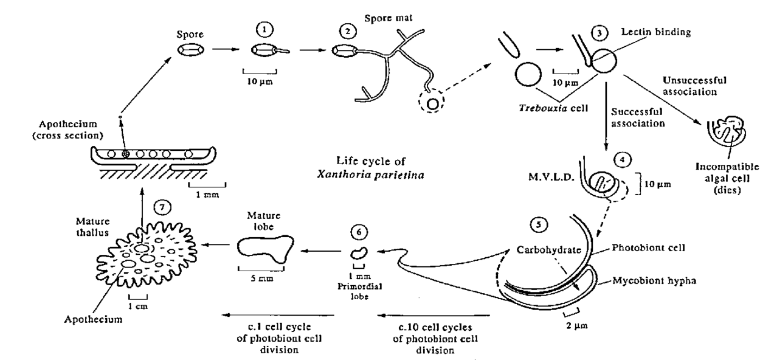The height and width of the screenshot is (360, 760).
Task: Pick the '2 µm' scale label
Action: point(571,325)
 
